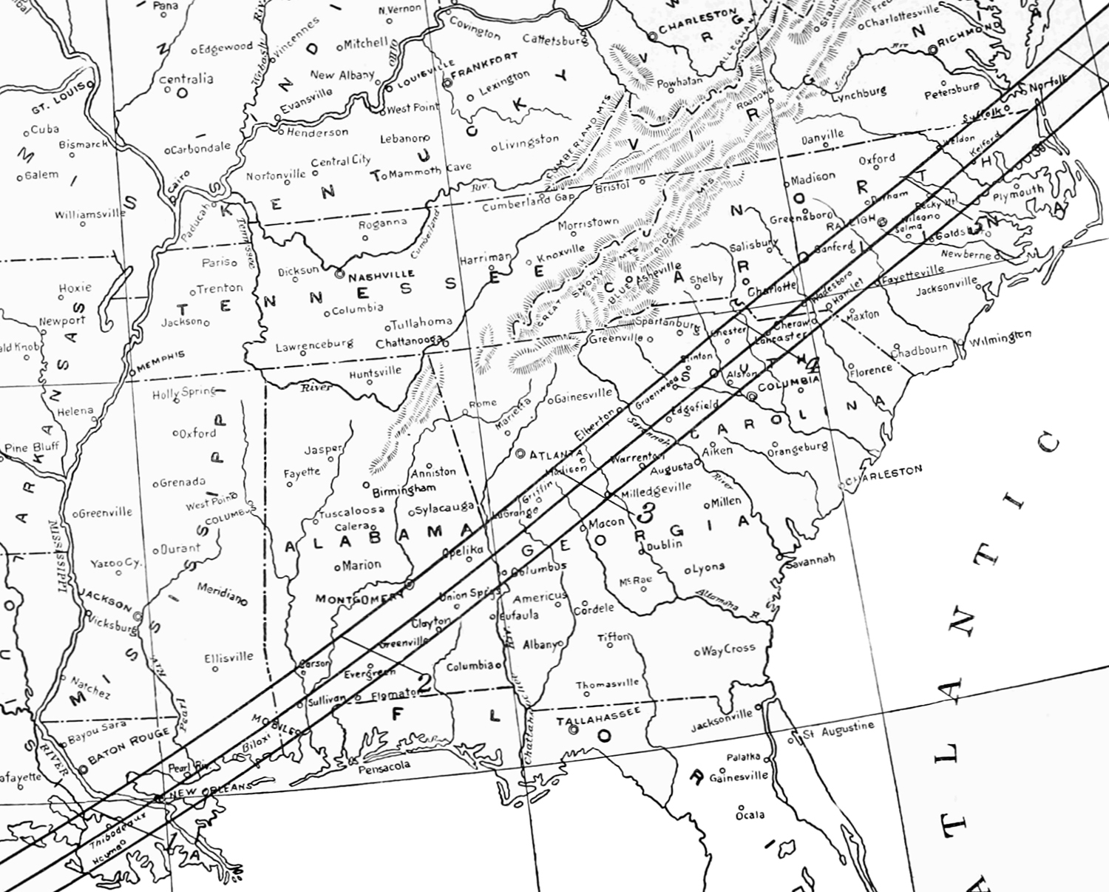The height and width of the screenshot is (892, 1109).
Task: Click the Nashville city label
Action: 381,275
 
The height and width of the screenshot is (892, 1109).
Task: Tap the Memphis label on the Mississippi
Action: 161,358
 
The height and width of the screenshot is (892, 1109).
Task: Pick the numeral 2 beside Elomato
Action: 425,683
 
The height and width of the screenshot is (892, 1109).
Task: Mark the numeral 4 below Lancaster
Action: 813,365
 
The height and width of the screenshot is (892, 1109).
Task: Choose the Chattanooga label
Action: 407,343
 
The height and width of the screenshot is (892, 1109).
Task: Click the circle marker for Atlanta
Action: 520,453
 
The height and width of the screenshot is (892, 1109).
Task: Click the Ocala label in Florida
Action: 750,815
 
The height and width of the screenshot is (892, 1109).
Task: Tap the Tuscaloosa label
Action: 352,511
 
